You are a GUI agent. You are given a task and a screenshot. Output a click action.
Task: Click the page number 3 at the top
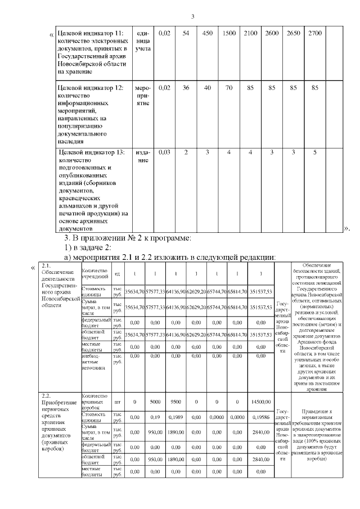[192, 15]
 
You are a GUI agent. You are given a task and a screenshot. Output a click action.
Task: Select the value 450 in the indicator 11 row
[208, 34]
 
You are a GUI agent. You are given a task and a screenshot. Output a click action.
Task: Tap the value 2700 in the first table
[315, 34]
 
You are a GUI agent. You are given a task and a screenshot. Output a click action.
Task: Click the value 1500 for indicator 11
[229, 34]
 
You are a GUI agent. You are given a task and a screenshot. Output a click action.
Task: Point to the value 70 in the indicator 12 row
[229, 88]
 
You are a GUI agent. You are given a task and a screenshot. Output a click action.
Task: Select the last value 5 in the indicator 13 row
[315, 152]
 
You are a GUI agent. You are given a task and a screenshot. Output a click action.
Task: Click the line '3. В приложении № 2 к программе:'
[128, 237]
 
